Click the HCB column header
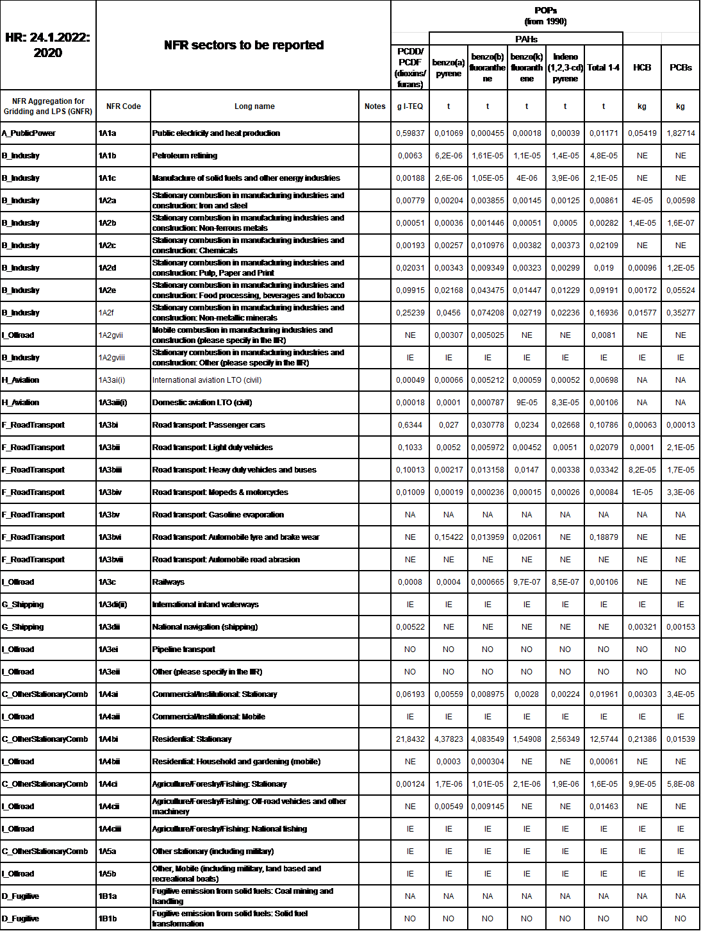pos(642,67)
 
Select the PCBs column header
pos(680,67)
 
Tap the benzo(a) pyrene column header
pos(449,67)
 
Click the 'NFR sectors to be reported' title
pos(243,45)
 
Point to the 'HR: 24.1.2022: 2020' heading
pos(48,45)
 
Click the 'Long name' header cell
pos(254,106)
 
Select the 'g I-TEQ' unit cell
pos(410,106)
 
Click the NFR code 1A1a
pos(108,133)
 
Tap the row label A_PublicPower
pos(29,133)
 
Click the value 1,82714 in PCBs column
pos(680,133)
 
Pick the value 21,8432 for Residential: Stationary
pos(410,739)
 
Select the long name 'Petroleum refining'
pos(185,156)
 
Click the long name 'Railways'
pos(168,582)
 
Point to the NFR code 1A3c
pos(107,582)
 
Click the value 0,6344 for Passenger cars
pos(410,425)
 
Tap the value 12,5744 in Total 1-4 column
pos(604,739)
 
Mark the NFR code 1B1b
pos(108,919)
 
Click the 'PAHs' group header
pos(526,39)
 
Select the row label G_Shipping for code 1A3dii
pos(23,627)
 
